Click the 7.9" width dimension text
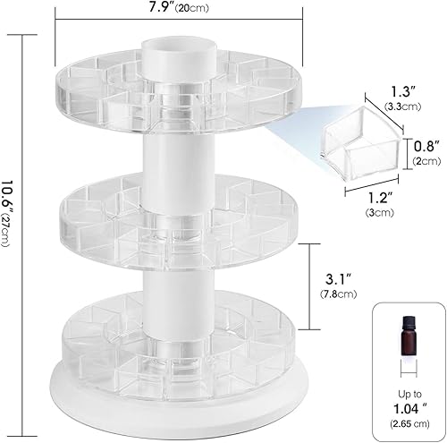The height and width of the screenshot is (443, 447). [166, 11]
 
